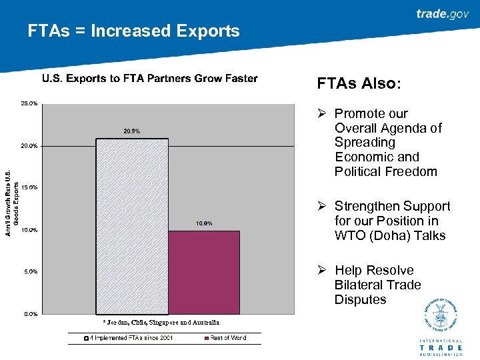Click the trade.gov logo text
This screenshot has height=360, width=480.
click(x=442, y=14)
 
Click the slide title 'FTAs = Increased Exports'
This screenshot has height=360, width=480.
click(x=133, y=31)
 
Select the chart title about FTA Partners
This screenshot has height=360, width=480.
click(x=149, y=79)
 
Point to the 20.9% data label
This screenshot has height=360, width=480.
click(x=132, y=131)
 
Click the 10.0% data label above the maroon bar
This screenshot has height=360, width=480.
click(x=203, y=223)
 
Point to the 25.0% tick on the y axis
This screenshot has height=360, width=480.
click(x=29, y=103)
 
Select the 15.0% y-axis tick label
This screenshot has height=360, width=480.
click(x=29, y=187)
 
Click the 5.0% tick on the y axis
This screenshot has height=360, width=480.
click(x=29, y=271)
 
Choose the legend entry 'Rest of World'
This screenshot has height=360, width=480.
click(x=224, y=338)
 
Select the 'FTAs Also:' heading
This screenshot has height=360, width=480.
click(x=359, y=84)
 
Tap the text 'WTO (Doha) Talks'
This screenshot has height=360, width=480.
click(x=390, y=235)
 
